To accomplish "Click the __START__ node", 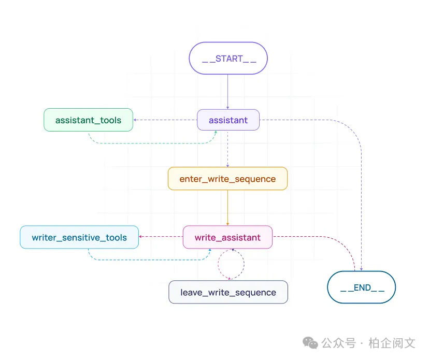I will [x=228, y=58].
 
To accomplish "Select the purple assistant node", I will [x=228, y=120].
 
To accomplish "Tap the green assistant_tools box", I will [x=88, y=120].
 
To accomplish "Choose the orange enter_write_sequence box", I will [x=227, y=179].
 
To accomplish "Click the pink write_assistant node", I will [x=227, y=237].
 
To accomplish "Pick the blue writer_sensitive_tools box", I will [x=79, y=237].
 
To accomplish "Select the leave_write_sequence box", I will [x=228, y=292].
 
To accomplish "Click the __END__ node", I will [x=362, y=287].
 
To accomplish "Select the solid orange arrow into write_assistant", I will [x=228, y=207].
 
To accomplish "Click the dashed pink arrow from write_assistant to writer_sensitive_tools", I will [x=161, y=237].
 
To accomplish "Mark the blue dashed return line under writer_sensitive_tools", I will [x=150, y=260].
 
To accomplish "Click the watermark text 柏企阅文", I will [x=392, y=343].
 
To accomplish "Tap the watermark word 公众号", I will [x=338, y=343].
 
